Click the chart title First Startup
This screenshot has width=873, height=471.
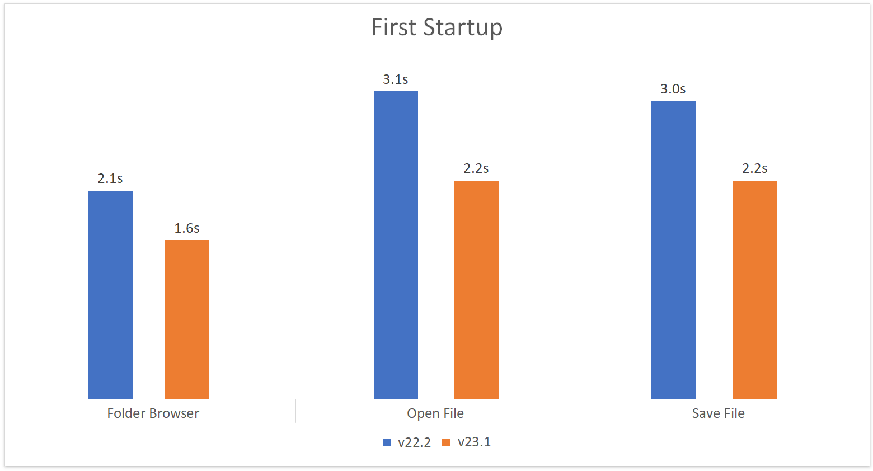coord(436,27)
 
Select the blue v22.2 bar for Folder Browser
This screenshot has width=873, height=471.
coord(110,295)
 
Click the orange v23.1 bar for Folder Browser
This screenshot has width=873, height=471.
coord(187,319)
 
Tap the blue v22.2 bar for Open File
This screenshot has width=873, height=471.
coord(396,245)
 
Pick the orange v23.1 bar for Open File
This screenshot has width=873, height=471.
coord(476,290)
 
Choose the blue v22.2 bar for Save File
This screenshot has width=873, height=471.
coord(673,250)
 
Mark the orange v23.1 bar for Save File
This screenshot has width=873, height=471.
coord(755,290)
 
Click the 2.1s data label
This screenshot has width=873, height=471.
coord(110,178)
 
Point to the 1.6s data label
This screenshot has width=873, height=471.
coord(187,228)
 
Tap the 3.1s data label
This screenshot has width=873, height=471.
coord(396,79)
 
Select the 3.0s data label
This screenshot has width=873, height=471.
coord(673,89)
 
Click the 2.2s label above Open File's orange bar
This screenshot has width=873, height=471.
coord(476,168)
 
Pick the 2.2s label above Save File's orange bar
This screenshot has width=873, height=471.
coord(755,168)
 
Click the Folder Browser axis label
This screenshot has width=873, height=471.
coord(153,413)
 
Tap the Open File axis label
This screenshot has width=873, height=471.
coord(435,413)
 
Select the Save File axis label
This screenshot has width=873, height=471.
coord(719,413)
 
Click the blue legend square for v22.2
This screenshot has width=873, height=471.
coord(387,442)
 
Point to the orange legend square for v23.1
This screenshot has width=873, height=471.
coord(447,442)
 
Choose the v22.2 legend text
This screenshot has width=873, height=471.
coord(415,442)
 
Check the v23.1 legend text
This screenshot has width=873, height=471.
coord(475,442)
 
